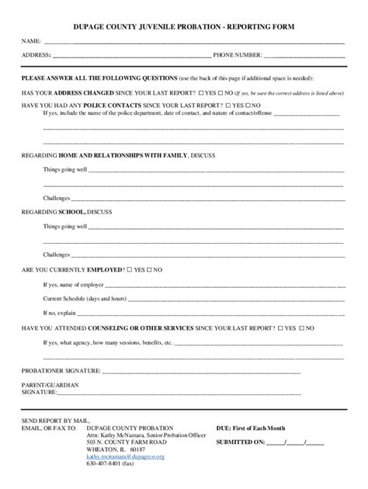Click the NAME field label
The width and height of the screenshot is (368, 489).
coord(30,40)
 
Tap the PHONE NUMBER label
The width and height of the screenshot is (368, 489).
coord(238,55)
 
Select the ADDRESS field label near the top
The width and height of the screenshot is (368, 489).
coord(35,55)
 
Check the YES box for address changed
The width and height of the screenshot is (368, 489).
coord(198,91)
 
